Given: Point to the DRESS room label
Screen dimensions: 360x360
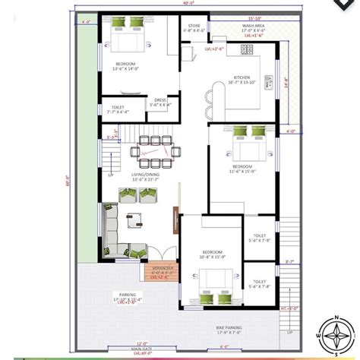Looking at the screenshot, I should click(162, 100).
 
